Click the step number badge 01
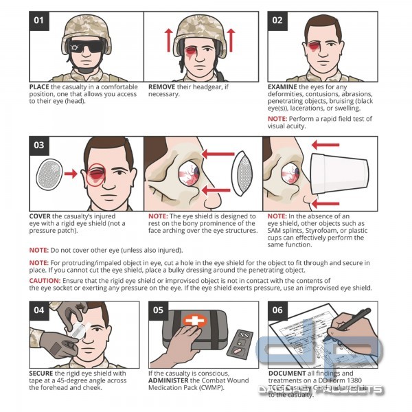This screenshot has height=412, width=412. click(x=38, y=20)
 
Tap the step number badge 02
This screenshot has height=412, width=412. click(x=277, y=20)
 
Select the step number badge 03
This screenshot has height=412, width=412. click(x=38, y=146)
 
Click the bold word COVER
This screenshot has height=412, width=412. click(x=41, y=215)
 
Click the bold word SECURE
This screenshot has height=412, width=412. click(x=41, y=374)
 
